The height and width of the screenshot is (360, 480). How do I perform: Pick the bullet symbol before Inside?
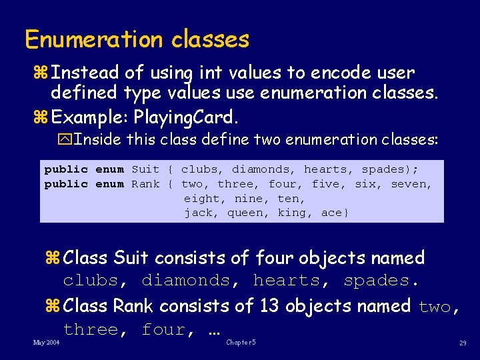tap(66, 140)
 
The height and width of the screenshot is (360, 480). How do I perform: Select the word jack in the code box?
tap(198, 213)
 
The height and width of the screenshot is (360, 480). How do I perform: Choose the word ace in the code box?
tap(331, 213)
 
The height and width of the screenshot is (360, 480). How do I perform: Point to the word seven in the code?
tap(411, 183)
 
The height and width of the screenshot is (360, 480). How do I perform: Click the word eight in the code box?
tap(201, 198)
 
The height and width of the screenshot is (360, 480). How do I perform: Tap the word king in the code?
tap(292, 213)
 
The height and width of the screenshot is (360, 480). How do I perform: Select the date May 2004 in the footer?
tap(46, 342)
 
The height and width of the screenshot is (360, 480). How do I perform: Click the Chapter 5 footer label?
tap(241, 342)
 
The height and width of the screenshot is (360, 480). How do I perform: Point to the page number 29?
tap(462, 343)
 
